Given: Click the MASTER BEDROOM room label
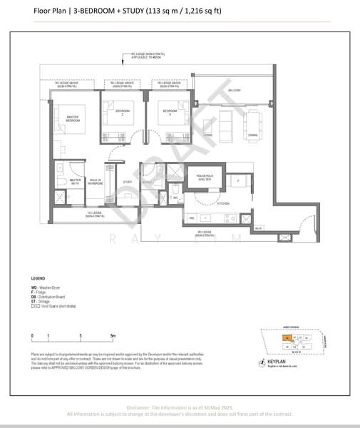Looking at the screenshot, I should point(72,119).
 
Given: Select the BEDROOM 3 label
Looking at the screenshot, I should point(169,112).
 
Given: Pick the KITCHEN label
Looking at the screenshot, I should point(203,203).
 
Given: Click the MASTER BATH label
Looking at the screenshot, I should point(66,182).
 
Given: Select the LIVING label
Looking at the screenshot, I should point(207,135).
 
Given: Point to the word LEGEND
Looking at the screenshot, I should point(38,277).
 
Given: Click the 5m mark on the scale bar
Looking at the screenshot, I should point(113,335).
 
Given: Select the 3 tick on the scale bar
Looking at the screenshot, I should point(81,335).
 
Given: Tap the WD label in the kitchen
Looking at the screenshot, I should point(192,217).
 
